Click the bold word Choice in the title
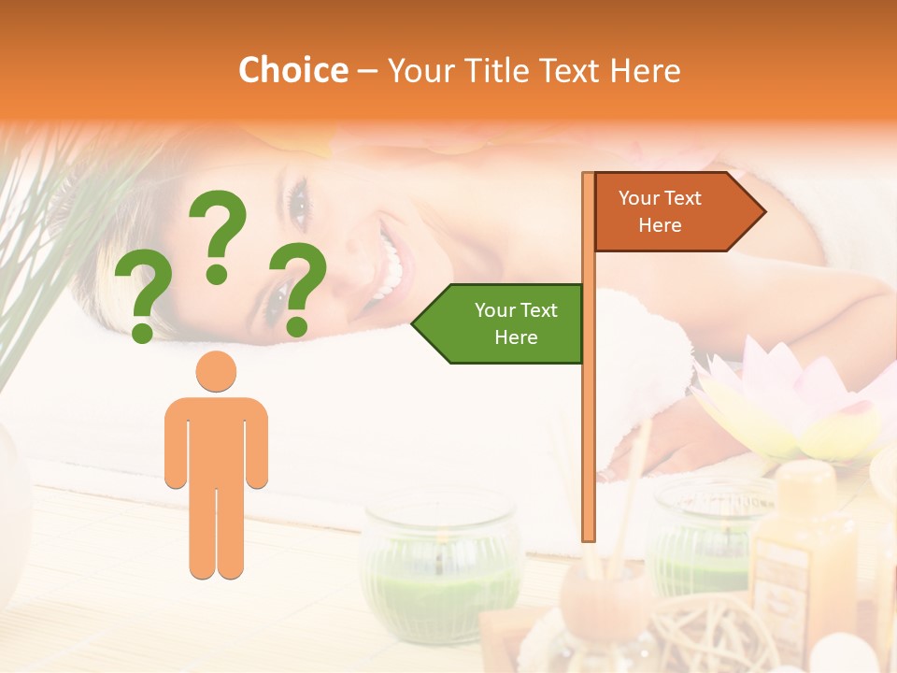[x=292, y=70]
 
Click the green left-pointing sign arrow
[x=500, y=323]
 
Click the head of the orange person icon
[x=216, y=371]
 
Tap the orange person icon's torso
[x=216, y=439]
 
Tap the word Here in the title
[x=645, y=70]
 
